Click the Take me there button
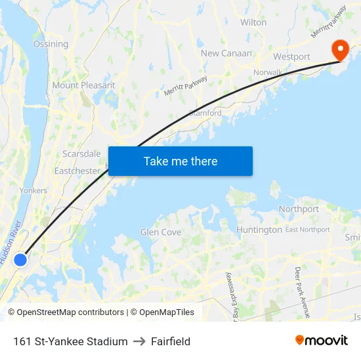[x=180, y=161]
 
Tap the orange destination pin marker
[x=340, y=49]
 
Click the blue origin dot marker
[x=20, y=260]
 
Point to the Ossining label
[x=51, y=44]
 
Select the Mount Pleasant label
[x=83, y=85]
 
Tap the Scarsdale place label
[x=81, y=154]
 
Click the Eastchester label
[x=77, y=171]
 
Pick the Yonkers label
[x=33, y=190]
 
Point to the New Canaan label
[x=226, y=53]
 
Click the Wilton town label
[x=253, y=22]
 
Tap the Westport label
[x=291, y=57]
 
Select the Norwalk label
[x=267, y=72]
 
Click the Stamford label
[x=205, y=113]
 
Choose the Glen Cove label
[x=161, y=232]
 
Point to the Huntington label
[x=259, y=230]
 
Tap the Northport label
[x=299, y=209]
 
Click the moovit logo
[x=322, y=340]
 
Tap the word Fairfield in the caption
[x=171, y=341]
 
